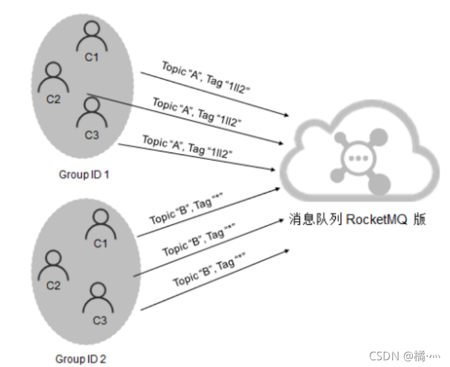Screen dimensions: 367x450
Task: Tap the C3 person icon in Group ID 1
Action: (x=92, y=112)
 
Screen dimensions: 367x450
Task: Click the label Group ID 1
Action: (x=84, y=175)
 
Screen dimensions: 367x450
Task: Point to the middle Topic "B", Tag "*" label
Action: (x=199, y=242)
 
